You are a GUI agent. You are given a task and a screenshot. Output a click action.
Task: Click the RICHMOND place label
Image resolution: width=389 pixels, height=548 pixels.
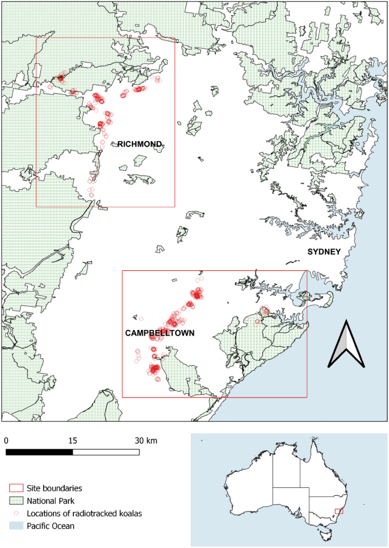click(x=140, y=144)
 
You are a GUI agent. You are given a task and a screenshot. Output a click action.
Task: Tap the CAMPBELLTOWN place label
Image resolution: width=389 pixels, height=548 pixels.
click(x=160, y=333)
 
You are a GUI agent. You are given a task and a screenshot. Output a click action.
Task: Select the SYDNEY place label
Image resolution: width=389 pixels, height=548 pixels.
click(x=324, y=252)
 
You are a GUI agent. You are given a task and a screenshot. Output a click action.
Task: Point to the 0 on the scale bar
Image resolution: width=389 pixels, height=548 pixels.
click(x=6, y=441)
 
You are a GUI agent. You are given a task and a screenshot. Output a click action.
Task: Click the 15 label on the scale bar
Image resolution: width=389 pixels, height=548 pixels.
click(x=72, y=441)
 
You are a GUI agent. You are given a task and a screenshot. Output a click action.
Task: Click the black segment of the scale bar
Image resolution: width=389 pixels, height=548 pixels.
click(x=39, y=452)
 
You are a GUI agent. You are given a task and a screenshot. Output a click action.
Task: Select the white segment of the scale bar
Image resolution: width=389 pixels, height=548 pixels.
click(x=106, y=452)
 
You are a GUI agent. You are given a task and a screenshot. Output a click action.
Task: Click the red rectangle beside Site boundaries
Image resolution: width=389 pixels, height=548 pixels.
click(x=16, y=488)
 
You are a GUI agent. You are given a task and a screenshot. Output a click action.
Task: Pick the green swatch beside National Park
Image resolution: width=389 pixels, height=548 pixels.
click(x=16, y=501)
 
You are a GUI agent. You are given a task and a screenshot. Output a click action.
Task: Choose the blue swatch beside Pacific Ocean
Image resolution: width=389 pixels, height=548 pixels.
click(x=16, y=526)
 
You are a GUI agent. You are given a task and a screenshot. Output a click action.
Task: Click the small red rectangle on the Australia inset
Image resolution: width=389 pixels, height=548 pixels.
click(x=339, y=512)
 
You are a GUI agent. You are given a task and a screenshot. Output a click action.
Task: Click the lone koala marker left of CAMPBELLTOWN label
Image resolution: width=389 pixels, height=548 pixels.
click(x=141, y=319)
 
